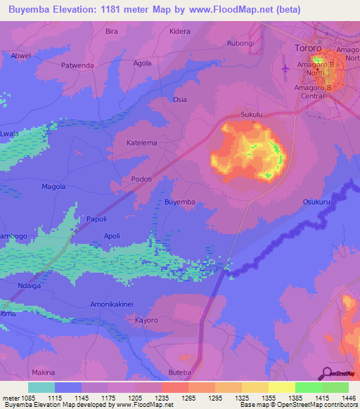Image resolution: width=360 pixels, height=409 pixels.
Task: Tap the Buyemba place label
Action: [179, 202]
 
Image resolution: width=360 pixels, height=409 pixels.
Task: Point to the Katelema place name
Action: [141, 143]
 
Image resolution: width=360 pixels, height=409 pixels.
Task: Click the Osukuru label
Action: [316, 202]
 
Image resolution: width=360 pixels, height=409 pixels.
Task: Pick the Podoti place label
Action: [142, 179]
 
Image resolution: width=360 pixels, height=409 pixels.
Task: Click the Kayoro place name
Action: [146, 320]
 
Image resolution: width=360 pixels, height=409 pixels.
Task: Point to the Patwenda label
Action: [78, 65]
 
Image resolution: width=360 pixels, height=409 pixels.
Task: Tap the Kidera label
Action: [180, 32]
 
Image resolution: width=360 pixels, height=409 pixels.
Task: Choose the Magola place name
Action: [53, 186]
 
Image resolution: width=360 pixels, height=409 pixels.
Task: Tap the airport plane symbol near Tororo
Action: [285, 69]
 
